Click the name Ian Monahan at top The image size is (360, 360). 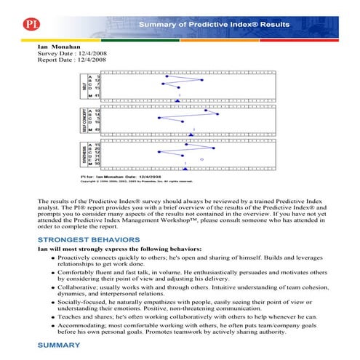60,46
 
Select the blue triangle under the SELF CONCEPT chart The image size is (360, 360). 191,135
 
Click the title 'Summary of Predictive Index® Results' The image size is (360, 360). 214,24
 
